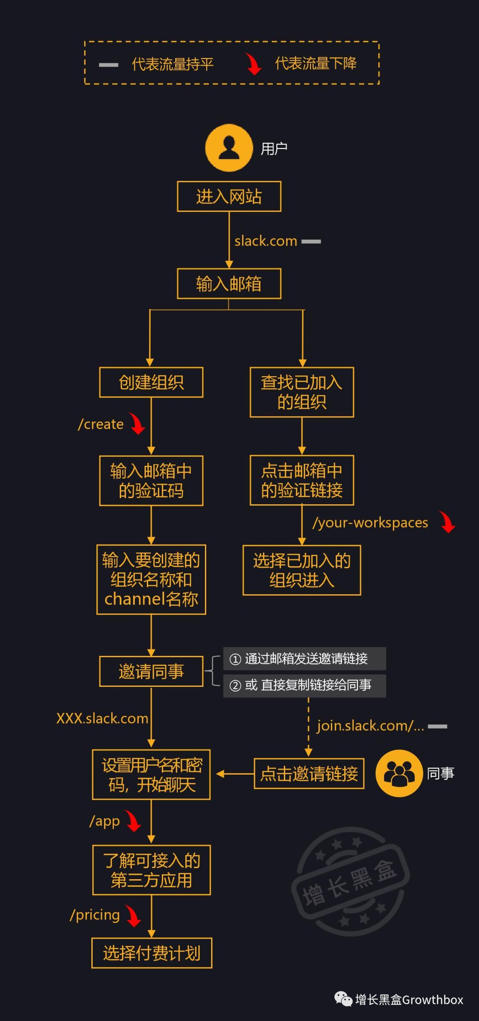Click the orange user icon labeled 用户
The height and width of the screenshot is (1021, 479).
(x=229, y=148)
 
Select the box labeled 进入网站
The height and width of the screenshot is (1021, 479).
(x=229, y=196)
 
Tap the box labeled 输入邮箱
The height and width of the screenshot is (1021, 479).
(x=229, y=284)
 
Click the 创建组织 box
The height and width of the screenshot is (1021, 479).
(x=151, y=382)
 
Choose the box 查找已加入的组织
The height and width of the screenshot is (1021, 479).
(x=302, y=392)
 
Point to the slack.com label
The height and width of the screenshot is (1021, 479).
(x=266, y=241)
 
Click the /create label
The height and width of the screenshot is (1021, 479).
(x=101, y=424)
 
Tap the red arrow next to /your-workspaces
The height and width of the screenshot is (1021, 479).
(x=448, y=522)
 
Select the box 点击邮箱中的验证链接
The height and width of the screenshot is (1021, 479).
(x=302, y=480)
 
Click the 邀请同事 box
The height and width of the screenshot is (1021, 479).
(x=151, y=671)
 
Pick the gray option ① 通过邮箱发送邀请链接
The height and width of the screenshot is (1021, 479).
(x=304, y=659)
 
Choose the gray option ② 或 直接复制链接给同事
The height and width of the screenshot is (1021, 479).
(x=304, y=686)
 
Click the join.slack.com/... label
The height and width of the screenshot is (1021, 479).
(x=370, y=726)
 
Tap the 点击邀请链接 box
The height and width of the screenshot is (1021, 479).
(x=309, y=774)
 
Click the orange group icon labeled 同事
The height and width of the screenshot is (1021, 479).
(x=399, y=773)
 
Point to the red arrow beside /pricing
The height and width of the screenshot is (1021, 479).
(x=133, y=916)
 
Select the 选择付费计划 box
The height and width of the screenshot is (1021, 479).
(x=152, y=953)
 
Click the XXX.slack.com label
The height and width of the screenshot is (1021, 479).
(x=102, y=718)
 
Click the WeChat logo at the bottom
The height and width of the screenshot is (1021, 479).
(x=343, y=999)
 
